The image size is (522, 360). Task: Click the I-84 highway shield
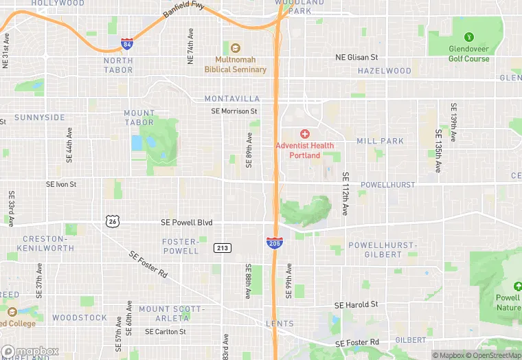[126, 45]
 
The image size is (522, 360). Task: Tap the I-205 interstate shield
[273, 243]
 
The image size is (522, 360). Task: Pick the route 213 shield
[222, 247]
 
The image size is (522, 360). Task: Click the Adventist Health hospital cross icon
[305, 133]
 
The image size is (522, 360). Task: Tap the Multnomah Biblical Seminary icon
[236, 48]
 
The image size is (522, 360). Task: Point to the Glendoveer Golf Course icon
[469, 36]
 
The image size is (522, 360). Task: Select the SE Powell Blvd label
[186, 223]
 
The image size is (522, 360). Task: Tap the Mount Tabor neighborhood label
[139, 117]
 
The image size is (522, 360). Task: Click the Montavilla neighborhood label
[232, 99]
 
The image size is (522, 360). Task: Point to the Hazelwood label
[384, 71]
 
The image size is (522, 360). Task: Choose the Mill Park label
[380, 141]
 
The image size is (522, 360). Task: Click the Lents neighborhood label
[280, 324]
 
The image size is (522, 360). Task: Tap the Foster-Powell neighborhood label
[180, 247]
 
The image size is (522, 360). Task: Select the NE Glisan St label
[356, 58]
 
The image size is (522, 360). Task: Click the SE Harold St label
[356, 304]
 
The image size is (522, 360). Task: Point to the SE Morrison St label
[234, 111]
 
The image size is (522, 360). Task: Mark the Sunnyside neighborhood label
[40, 117]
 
